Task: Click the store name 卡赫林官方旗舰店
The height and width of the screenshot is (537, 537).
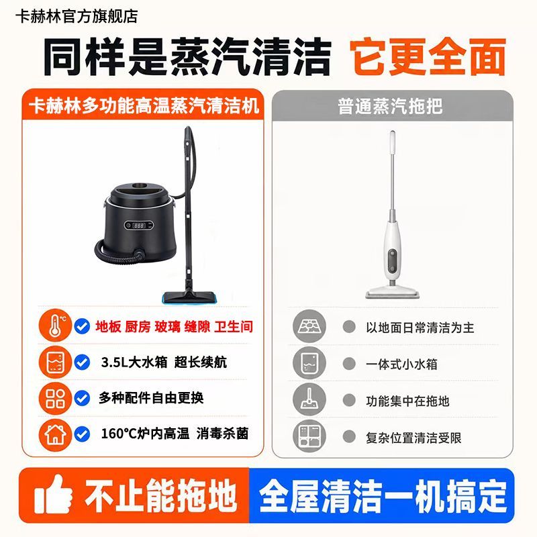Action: (x=77, y=16)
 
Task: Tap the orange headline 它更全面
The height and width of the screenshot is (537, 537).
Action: (x=428, y=56)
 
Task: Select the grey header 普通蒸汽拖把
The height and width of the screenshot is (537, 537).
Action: (x=390, y=106)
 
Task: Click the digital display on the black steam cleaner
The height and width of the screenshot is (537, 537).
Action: (x=139, y=225)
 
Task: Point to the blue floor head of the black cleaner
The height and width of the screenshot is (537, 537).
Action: (x=188, y=297)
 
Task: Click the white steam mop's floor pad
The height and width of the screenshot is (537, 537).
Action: (x=393, y=293)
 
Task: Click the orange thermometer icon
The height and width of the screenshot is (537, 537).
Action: (x=55, y=326)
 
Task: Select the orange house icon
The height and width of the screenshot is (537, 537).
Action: (x=55, y=434)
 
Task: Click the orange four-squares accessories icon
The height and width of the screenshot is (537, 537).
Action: (x=55, y=398)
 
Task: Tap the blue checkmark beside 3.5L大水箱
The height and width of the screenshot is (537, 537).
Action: (x=82, y=362)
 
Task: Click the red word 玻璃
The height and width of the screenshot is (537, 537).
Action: (x=167, y=327)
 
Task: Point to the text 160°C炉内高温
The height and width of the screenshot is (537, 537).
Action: (x=145, y=434)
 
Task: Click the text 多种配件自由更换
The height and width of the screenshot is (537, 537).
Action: (x=151, y=397)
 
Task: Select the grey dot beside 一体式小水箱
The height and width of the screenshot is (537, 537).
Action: (x=349, y=363)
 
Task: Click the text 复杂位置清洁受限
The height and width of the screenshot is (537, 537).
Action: (x=413, y=438)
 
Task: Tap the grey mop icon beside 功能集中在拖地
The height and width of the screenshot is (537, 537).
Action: (x=309, y=399)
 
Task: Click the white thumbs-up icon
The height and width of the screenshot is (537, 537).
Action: (x=54, y=493)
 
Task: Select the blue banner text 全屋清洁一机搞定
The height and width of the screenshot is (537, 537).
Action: (x=383, y=495)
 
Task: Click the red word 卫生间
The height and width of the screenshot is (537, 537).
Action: (x=234, y=327)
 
